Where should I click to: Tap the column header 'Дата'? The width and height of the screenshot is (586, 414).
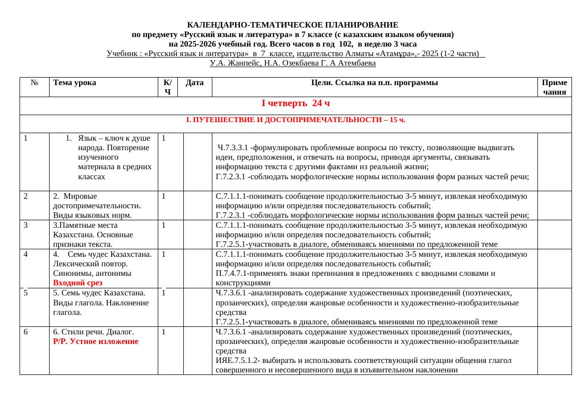tap(194, 83)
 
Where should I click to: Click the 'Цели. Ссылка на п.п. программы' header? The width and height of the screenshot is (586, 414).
tap(374, 83)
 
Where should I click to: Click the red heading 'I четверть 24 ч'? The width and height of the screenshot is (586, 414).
tap(296, 103)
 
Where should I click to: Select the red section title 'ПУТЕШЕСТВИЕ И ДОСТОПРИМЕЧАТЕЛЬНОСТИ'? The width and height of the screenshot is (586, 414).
tap(296, 120)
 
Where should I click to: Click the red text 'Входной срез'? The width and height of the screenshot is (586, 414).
tap(78, 283)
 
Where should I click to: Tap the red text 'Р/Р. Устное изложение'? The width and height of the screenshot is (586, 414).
tap(95, 341)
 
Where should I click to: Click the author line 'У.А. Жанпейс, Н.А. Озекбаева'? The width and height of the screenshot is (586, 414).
tap(292, 63)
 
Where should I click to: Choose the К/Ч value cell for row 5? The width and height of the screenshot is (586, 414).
tap(164, 293)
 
